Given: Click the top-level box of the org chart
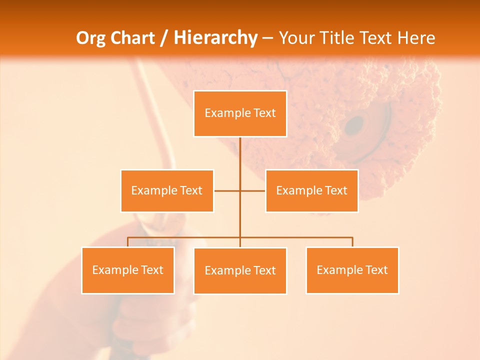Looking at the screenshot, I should (240, 113).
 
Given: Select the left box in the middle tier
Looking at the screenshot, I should (167, 190).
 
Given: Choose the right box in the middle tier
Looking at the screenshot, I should (311, 190).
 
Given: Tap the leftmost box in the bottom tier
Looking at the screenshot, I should (128, 270).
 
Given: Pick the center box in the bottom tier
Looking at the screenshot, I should (240, 270).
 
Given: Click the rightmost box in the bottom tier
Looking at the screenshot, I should (352, 270).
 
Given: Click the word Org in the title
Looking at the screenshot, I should (90, 38).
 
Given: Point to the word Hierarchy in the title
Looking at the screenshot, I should (215, 38).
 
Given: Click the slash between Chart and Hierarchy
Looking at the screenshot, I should (164, 38).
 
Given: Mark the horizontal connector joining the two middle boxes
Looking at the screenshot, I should (227, 190).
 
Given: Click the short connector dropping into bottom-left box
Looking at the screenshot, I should (128, 242).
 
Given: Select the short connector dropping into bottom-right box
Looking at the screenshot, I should (352, 242).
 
